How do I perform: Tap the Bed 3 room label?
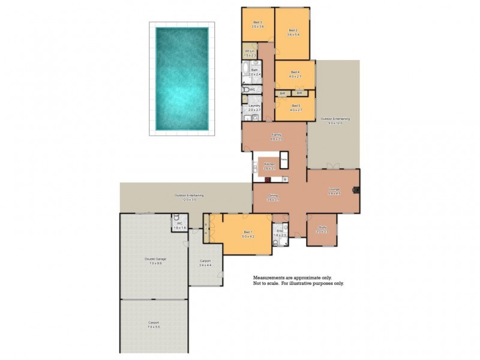258,24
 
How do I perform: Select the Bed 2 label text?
293,32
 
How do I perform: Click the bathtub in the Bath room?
247,76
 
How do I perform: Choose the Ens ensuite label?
280,233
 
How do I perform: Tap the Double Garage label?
155,260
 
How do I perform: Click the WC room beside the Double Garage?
179,226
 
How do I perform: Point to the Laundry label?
254,107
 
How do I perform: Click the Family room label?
276,136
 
